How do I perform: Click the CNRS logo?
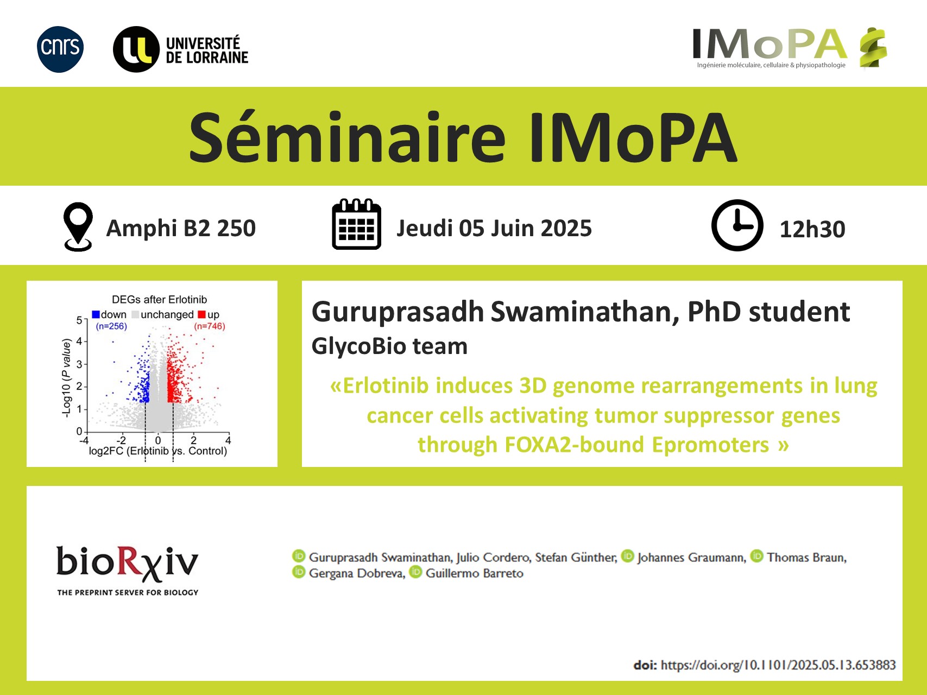60,49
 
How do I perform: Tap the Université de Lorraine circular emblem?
136,49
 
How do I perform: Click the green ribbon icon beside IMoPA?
873,48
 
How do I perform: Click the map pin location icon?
78,226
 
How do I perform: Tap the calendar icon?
356,224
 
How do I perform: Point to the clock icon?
737,225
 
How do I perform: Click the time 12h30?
812,229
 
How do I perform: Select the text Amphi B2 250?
181,228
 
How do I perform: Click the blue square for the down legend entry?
96,314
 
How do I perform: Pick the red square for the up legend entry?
202,314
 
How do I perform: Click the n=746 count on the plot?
210,326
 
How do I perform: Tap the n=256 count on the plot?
111,326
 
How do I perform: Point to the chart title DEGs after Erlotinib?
159,300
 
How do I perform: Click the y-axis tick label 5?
79,320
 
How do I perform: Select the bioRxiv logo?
128,570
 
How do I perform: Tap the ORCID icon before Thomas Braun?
757,556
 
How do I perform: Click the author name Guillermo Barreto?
475,573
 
